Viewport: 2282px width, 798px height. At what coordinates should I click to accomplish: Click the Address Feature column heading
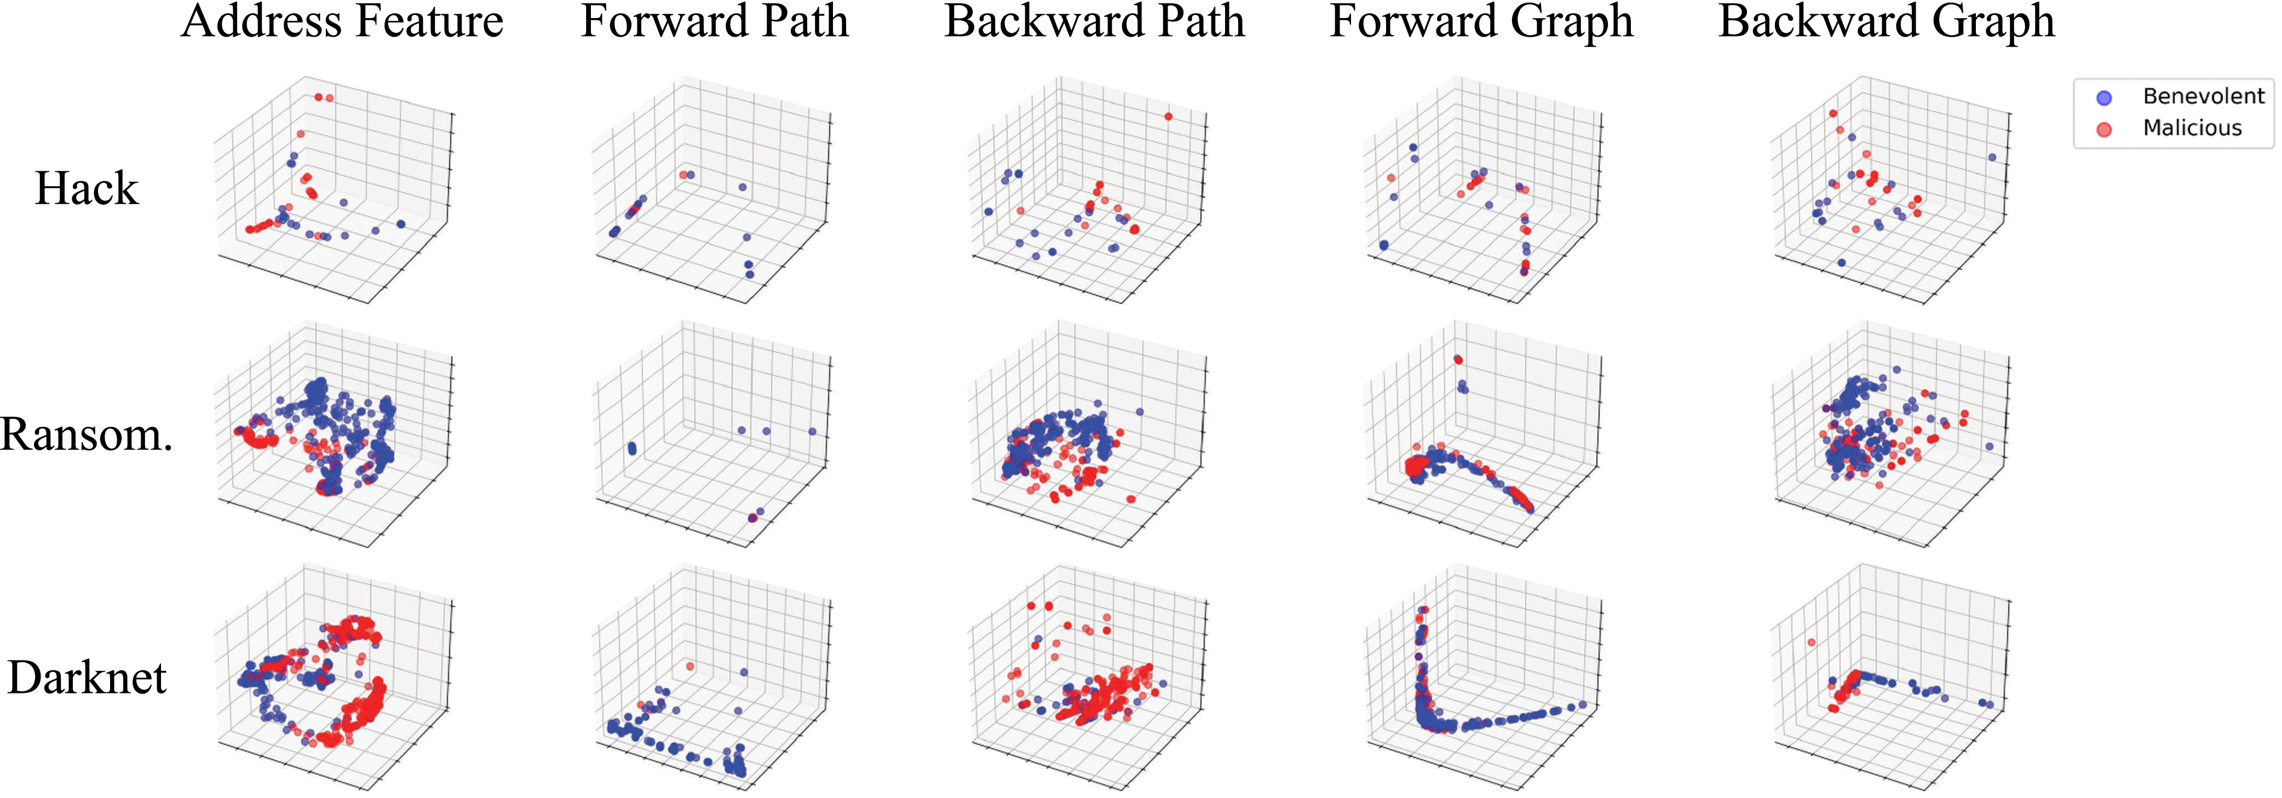(x=342, y=21)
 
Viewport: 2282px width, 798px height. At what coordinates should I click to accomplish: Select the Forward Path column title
(x=714, y=21)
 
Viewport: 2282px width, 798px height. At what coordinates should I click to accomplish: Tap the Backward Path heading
(x=1094, y=21)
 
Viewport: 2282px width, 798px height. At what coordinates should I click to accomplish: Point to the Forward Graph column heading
(x=1481, y=21)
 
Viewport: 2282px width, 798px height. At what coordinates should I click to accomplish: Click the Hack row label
(x=87, y=188)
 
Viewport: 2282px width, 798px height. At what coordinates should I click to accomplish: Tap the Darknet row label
(x=87, y=678)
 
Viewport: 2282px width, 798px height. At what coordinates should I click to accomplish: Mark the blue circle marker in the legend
(x=2104, y=97)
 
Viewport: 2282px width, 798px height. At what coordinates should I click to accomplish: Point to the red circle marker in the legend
(x=2104, y=129)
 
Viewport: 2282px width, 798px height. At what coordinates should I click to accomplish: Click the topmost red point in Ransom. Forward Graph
(x=1458, y=360)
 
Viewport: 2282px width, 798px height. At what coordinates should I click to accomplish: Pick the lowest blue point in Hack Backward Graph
(x=1842, y=262)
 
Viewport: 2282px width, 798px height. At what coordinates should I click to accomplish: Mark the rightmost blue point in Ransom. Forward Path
(x=812, y=431)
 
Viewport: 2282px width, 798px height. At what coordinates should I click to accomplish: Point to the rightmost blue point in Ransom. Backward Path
(x=1139, y=412)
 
